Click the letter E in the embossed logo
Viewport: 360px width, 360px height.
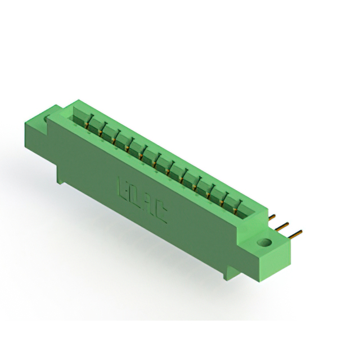point(123,187)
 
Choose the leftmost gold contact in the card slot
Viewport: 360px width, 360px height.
point(88,123)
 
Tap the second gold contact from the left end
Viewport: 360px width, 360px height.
point(102,130)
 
